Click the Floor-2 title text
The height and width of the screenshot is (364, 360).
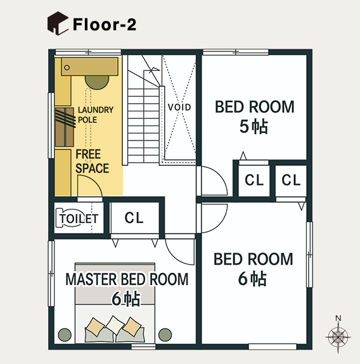click(x=105, y=25)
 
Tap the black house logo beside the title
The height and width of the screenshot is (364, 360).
click(x=58, y=23)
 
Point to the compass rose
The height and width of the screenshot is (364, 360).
click(x=338, y=336)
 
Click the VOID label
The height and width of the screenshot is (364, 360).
click(x=179, y=107)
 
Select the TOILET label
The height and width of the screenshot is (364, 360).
click(x=79, y=218)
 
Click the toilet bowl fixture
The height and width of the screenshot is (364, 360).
click(x=60, y=218)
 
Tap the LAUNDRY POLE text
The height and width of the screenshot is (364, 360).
click(x=96, y=115)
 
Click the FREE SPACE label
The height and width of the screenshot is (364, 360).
click(x=93, y=161)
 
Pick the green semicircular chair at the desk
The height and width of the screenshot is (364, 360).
click(x=97, y=82)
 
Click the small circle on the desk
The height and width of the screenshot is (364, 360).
click(x=67, y=68)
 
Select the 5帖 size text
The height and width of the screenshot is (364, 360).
click(x=254, y=127)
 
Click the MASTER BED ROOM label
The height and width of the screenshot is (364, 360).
click(x=127, y=279)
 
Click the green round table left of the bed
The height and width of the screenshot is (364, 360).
click(x=65, y=335)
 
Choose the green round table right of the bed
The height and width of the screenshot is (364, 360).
click(x=165, y=335)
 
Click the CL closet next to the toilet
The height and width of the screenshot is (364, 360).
click(x=134, y=218)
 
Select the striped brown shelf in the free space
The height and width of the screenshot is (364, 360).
click(x=65, y=127)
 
